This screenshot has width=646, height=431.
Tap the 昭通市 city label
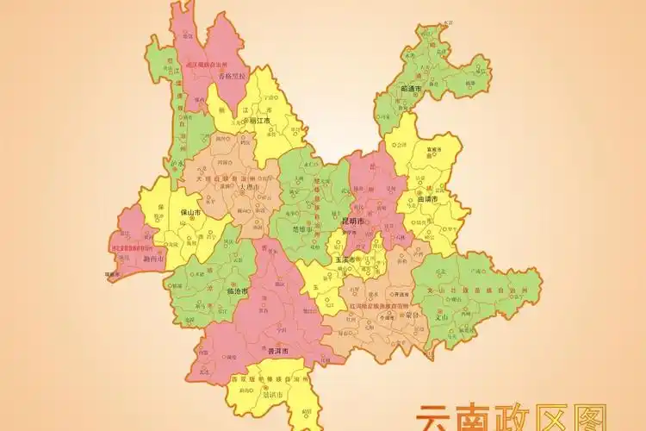(411, 89)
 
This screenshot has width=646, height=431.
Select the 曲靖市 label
(428, 199)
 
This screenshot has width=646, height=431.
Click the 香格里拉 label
(232, 76)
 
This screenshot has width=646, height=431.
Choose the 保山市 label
(190, 212)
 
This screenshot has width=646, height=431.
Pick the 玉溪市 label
(345, 259)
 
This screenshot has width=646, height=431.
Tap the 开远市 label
(400, 294)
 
